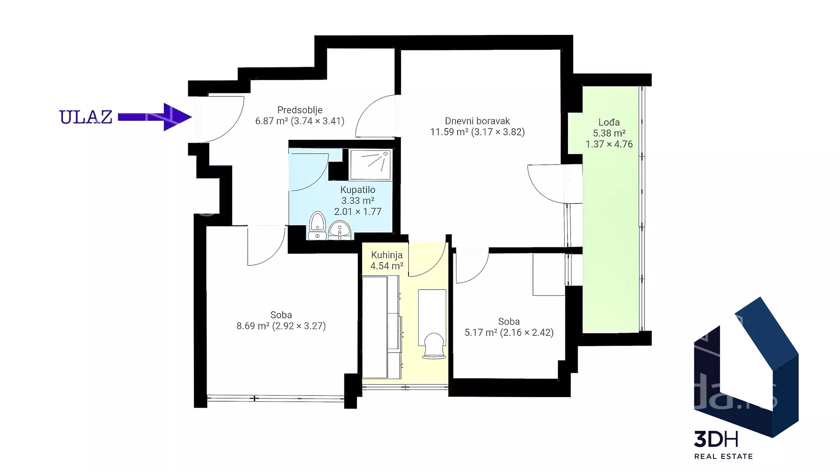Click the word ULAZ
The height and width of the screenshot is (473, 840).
click(x=86, y=117)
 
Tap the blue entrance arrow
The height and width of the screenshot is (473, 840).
click(x=155, y=117)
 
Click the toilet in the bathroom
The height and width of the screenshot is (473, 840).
click(x=317, y=226)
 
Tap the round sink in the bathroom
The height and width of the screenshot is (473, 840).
click(x=339, y=230)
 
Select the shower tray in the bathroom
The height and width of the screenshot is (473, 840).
click(x=371, y=164)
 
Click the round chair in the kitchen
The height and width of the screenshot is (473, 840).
click(x=434, y=346)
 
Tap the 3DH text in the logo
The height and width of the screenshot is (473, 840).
click(x=716, y=439)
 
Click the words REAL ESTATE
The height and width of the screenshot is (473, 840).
click(x=724, y=456)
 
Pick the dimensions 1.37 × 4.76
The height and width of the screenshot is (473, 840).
click(x=609, y=144)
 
